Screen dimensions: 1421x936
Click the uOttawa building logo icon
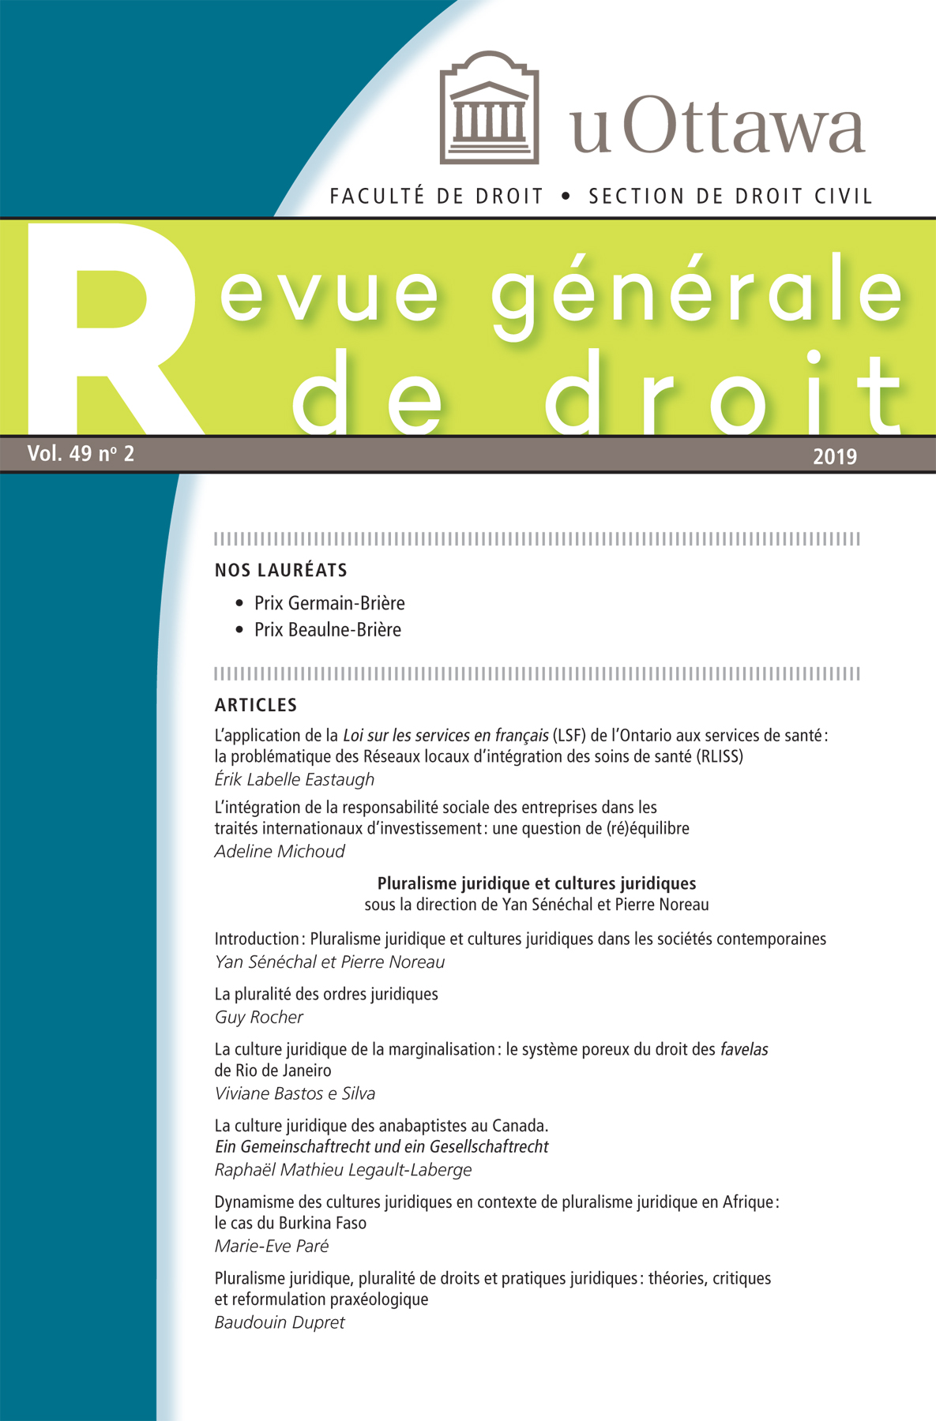[489, 107]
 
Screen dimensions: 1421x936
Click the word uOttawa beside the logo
[717, 127]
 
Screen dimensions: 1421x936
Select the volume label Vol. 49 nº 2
[81, 454]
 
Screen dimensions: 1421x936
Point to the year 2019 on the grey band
[835, 456]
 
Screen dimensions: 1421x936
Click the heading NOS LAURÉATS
[280, 570]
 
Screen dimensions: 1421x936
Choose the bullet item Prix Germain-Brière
[329, 603]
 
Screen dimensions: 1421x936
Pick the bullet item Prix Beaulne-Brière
[327, 630]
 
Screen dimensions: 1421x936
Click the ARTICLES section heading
[256, 705]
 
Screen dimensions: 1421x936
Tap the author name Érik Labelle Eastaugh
[295, 779]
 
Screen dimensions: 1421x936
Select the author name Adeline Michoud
[280, 851]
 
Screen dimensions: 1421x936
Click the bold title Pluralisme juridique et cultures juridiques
[536, 883]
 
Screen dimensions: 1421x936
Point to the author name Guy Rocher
[259, 1017]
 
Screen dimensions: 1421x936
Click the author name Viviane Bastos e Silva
[295, 1093]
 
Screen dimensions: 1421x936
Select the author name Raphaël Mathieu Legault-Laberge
[343, 1169]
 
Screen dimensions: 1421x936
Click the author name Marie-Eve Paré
[272, 1246]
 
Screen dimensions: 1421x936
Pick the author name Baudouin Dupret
[280, 1322]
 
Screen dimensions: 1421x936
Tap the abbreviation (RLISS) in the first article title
[719, 756]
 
